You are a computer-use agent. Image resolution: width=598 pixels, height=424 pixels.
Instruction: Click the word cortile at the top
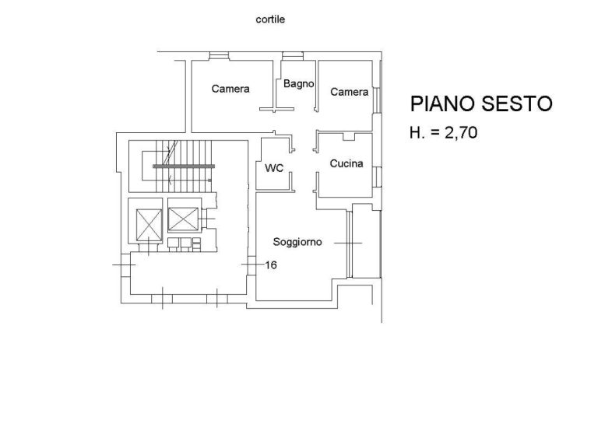tap(270, 19)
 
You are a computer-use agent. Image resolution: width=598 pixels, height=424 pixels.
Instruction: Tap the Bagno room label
tap(299, 84)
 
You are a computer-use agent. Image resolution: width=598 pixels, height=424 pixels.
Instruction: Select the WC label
tap(274, 167)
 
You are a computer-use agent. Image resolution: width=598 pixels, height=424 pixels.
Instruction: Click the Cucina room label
tap(346, 163)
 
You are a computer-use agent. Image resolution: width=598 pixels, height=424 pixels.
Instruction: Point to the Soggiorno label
tap(297, 242)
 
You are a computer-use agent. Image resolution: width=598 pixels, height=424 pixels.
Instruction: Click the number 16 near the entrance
tap(271, 265)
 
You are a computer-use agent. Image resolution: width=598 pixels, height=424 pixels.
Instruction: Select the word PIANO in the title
tap(442, 103)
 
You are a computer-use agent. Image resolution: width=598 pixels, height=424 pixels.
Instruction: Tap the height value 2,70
tap(461, 133)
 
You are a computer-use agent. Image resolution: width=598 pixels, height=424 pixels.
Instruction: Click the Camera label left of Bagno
tap(230, 89)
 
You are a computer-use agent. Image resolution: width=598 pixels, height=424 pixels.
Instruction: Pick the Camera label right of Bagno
tap(350, 92)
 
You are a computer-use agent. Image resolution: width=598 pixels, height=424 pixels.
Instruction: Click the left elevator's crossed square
tap(149, 225)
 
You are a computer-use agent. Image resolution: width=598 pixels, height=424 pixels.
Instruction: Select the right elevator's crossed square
tap(183, 219)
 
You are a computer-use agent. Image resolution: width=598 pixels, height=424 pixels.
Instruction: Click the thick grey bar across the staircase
tap(184, 166)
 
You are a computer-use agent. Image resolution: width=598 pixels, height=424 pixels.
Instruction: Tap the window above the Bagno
tap(293, 56)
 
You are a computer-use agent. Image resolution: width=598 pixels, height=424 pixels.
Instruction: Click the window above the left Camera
tap(220, 56)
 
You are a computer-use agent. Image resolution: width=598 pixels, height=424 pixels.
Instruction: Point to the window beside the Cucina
tap(377, 177)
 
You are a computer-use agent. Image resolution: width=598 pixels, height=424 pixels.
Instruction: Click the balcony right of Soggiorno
tap(366, 240)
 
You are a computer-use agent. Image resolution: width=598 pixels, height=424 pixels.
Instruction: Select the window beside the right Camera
tap(377, 100)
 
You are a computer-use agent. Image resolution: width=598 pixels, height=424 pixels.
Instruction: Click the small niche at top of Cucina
tap(349, 136)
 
